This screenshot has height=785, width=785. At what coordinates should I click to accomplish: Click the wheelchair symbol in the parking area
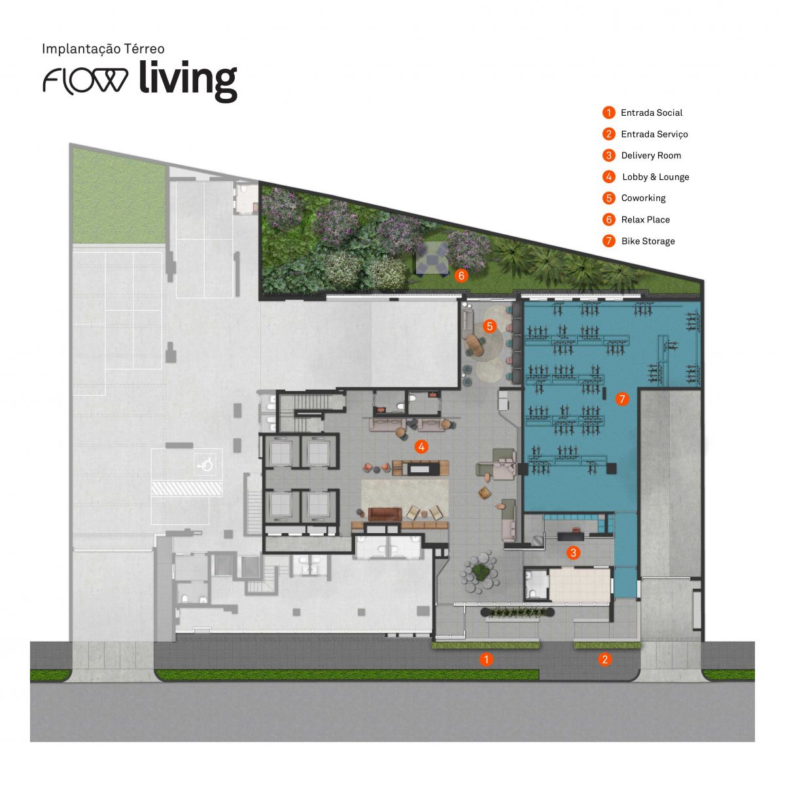[x=206, y=464]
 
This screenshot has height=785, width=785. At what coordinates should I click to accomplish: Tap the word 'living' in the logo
[x=187, y=80]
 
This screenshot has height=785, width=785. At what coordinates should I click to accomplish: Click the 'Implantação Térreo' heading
[x=103, y=49]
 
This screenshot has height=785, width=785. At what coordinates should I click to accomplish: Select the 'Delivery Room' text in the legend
[x=651, y=156]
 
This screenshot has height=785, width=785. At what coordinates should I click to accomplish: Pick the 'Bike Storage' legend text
[x=648, y=241]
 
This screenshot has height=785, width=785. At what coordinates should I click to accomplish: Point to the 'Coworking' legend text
[x=643, y=198]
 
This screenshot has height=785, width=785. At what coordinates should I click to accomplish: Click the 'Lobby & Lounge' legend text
[x=655, y=177]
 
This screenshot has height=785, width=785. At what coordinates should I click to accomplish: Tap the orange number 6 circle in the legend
[x=609, y=220]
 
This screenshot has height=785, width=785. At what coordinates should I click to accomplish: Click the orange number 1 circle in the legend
[x=609, y=113]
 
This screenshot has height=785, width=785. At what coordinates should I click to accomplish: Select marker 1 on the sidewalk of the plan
[x=485, y=659]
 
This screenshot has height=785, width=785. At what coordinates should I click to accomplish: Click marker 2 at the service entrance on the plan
[x=604, y=659]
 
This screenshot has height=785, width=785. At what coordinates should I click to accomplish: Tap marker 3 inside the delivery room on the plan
[x=573, y=553]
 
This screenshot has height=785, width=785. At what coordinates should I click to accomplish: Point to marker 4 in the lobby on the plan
[x=422, y=447]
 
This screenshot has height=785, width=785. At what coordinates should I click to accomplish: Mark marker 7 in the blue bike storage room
[x=621, y=398]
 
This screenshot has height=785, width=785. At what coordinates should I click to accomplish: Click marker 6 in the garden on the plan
[x=461, y=275]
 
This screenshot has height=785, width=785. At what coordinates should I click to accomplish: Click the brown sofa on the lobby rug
[x=383, y=514]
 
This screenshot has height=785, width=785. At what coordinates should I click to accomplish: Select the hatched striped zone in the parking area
[x=186, y=489]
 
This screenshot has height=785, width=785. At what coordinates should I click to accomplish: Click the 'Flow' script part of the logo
[x=86, y=80]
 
